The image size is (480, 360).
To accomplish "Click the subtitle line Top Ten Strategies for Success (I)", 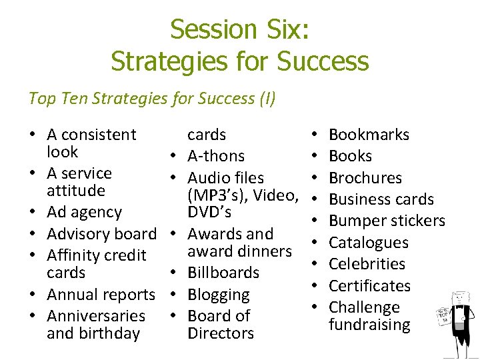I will pyautogui.click(x=152, y=99).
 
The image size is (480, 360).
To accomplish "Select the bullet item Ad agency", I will pyautogui.click(x=84, y=213).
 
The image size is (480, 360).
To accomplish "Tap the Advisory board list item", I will pyautogui.click(x=101, y=234).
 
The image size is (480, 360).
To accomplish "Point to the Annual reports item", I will pyautogui.click(x=101, y=295).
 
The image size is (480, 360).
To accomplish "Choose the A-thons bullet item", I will pyautogui.click(x=216, y=156).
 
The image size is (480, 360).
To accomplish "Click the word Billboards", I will pyautogui.click(x=223, y=273).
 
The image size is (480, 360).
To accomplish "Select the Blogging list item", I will pyautogui.click(x=219, y=295).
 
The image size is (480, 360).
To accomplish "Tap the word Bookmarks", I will pyautogui.click(x=369, y=135).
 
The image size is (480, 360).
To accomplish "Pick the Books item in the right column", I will pyautogui.click(x=350, y=156).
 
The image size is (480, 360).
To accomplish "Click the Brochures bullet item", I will pyautogui.click(x=365, y=178).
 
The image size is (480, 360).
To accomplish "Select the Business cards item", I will pyautogui.click(x=381, y=199).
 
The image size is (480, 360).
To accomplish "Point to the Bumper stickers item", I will pyautogui.click(x=387, y=221).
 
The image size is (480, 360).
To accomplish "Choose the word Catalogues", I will pyautogui.click(x=369, y=243).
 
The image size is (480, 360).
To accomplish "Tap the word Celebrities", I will pyautogui.click(x=367, y=264).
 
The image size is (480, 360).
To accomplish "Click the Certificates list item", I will pyautogui.click(x=369, y=286).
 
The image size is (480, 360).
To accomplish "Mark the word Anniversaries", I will pyautogui.click(x=96, y=316).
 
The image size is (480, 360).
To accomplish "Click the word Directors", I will pyautogui.click(x=221, y=333).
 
